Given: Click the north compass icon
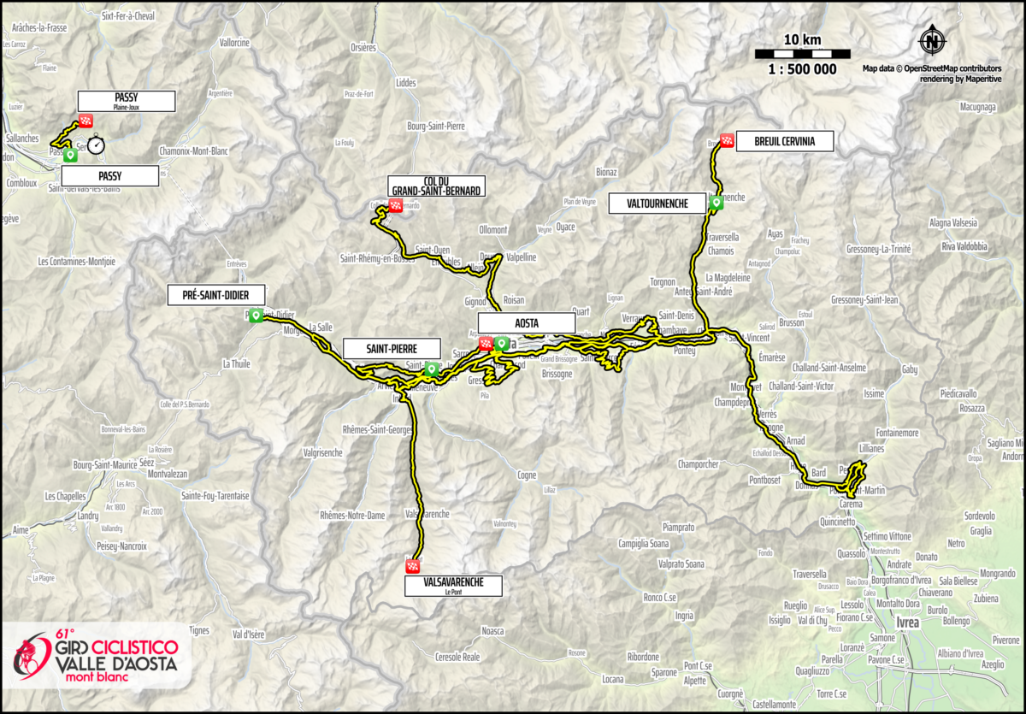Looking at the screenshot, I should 933,40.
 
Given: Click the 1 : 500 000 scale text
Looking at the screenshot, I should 802,70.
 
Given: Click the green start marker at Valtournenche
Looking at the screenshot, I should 715,203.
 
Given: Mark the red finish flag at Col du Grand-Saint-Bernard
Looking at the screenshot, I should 395,205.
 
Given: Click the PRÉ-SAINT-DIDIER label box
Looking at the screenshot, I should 216,295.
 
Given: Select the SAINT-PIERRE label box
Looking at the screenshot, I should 391,348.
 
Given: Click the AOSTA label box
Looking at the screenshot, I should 526,322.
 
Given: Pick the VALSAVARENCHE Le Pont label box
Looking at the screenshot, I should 454,585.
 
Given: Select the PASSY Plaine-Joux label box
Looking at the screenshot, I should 126,101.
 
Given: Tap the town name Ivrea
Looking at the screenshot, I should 906,623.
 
